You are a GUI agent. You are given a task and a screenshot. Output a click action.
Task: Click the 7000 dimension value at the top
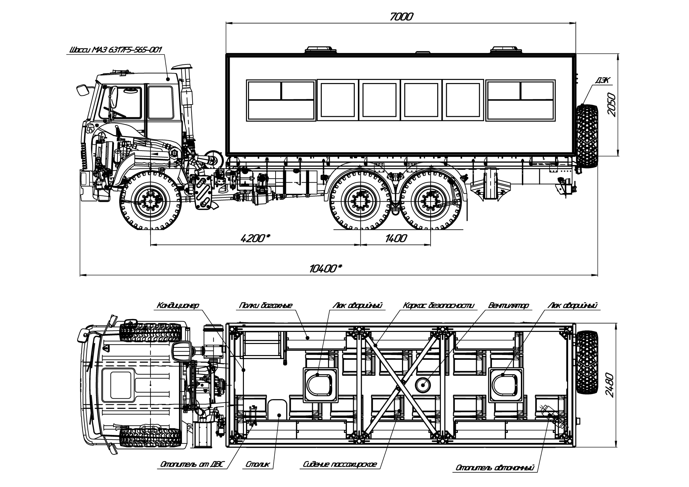click(x=401, y=16)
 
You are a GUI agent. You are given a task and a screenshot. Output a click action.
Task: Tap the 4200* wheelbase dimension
click(x=255, y=238)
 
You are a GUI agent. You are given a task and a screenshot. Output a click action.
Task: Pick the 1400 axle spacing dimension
click(x=396, y=238)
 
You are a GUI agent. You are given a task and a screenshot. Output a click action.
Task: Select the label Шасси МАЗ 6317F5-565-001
click(x=115, y=50)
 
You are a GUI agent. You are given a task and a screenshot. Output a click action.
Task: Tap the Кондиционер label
click(x=178, y=305)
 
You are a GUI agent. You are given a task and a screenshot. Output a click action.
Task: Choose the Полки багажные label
click(x=266, y=305)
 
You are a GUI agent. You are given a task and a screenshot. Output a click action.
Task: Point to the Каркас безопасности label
click(x=439, y=305)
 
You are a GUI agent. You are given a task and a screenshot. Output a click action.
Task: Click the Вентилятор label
click(x=508, y=305)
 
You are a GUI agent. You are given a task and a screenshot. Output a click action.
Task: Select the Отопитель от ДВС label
click(x=191, y=465)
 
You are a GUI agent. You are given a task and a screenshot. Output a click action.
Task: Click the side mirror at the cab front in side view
click(x=83, y=90)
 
